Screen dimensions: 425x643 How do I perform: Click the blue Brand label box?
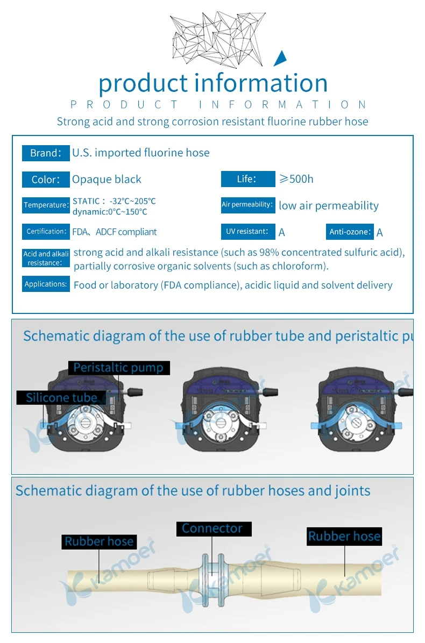pyautogui.click(x=46, y=153)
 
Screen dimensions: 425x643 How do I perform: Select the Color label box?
pyautogui.click(x=46, y=180)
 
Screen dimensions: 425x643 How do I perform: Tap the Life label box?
pyautogui.click(x=247, y=179)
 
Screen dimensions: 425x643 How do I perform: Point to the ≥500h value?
pyautogui.click(x=296, y=179)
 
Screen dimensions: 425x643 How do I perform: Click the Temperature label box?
pyautogui.click(x=46, y=205)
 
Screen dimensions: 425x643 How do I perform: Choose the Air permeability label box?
pyautogui.click(x=247, y=205)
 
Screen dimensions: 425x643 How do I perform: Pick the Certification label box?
pyautogui.click(x=46, y=232)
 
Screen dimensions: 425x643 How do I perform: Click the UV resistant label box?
pyautogui.click(x=247, y=232)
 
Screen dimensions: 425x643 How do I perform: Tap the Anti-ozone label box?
pyautogui.click(x=350, y=232)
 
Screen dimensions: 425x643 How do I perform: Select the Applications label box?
pyautogui.click(x=46, y=284)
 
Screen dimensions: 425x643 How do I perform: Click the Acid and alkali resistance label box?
pyautogui.click(x=46, y=258)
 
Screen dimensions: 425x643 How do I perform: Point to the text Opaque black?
pyautogui.click(x=107, y=180)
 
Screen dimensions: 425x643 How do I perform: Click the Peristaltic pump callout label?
pyautogui.click(x=119, y=368)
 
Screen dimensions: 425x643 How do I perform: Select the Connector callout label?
pyautogui.click(x=212, y=528)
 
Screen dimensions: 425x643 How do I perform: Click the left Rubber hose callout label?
pyautogui.click(x=98, y=541)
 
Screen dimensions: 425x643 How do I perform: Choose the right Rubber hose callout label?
pyautogui.click(x=344, y=536)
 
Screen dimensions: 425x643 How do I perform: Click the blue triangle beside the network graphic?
pyautogui.click(x=281, y=59)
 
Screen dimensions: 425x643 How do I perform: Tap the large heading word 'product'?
pyautogui.click(x=143, y=83)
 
